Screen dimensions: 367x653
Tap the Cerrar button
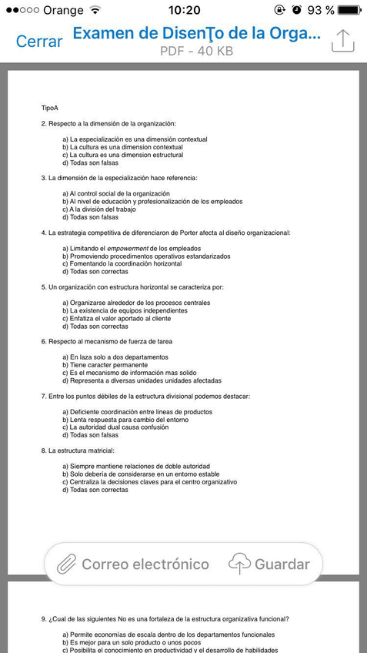[39, 42]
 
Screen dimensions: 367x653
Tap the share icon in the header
[342, 41]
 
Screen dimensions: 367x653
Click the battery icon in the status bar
[349, 10]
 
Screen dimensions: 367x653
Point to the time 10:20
[183, 10]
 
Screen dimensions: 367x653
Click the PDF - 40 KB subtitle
[196, 52]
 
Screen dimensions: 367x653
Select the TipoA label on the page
[50, 108]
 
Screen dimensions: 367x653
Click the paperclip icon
[67, 564]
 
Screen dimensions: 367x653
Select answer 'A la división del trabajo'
[102, 209]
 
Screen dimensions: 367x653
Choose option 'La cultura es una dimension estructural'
[126, 155]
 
